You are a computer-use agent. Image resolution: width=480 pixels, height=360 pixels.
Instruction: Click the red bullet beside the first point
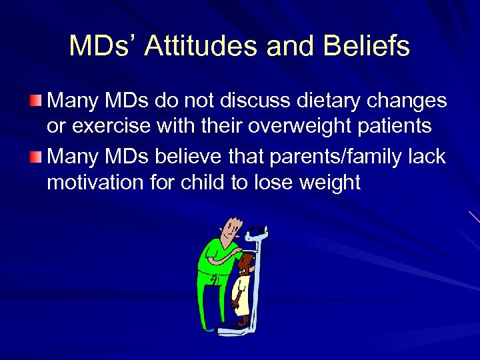[35, 101]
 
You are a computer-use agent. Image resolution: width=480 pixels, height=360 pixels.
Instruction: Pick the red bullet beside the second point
[35, 157]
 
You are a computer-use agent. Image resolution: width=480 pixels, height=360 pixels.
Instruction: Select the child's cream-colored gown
[242, 293]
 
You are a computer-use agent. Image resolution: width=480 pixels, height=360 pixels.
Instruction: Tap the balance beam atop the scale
[256, 233]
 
